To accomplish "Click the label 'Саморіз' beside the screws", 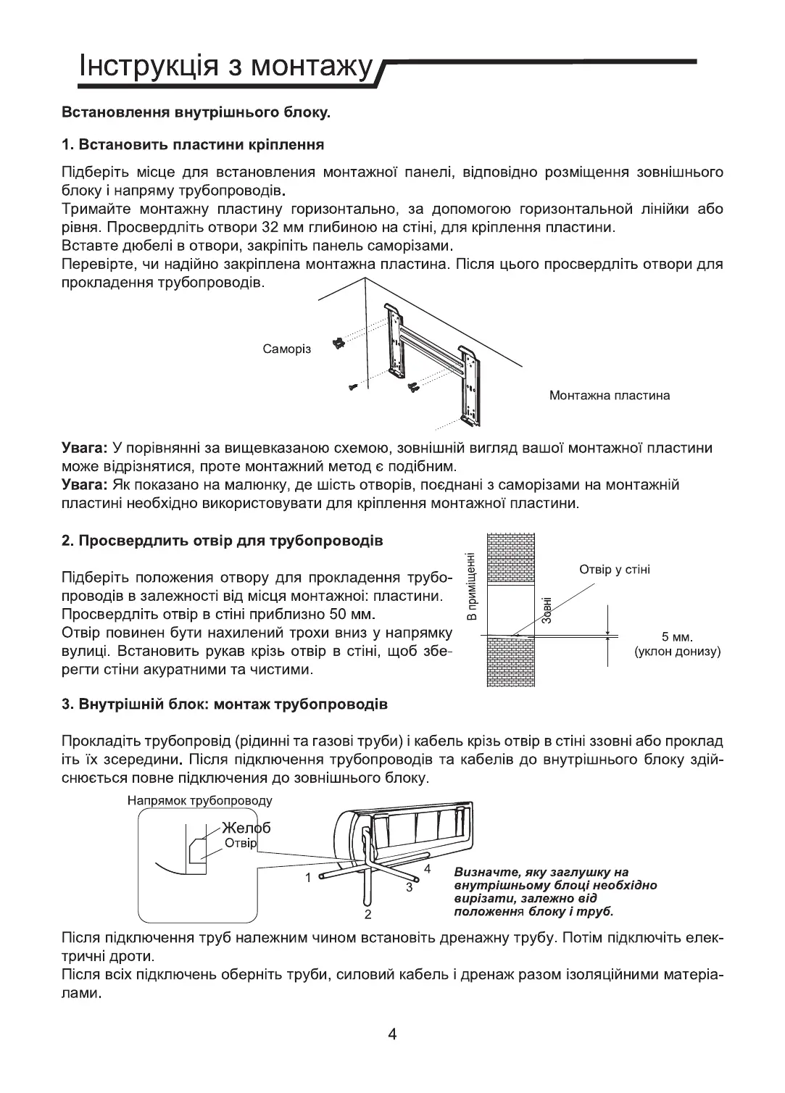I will pos(286,349).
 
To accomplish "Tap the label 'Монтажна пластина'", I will pos(609,396).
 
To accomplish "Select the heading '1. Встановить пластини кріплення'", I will pos(192,144).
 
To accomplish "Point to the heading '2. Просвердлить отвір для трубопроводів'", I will pos(222,541).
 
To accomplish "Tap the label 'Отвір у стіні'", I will pos(615,570).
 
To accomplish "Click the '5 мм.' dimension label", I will pos(678,638).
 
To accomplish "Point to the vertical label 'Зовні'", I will pos(547,610).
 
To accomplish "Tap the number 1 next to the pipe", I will pos(308,878).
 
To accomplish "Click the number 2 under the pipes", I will pos(368,913).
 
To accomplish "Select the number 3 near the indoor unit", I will pos(409,886).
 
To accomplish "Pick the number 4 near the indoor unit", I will pos(428,868).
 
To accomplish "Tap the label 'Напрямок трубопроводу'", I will pos(200,801).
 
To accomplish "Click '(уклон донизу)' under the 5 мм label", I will pos(678,652).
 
